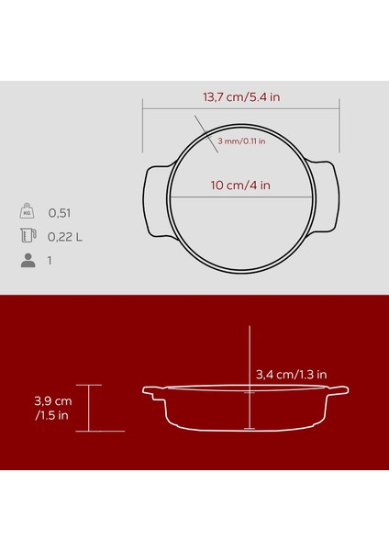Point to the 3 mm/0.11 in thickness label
point(241,141)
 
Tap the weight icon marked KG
point(28,211)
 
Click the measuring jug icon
point(28,236)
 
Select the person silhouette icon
point(28,261)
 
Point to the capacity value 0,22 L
point(66,237)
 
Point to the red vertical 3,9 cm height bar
point(89,408)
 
